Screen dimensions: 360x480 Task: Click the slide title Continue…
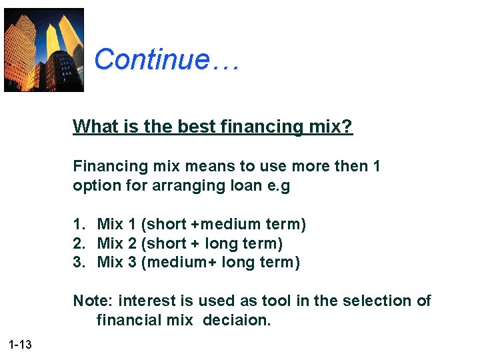(x=166, y=59)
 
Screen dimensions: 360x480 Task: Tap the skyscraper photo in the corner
(x=44, y=50)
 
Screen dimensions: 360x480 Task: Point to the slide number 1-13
(x=20, y=345)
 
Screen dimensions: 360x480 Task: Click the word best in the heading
(x=195, y=126)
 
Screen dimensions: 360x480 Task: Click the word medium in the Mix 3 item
(x=175, y=263)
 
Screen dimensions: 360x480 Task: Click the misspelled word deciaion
(x=237, y=321)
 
